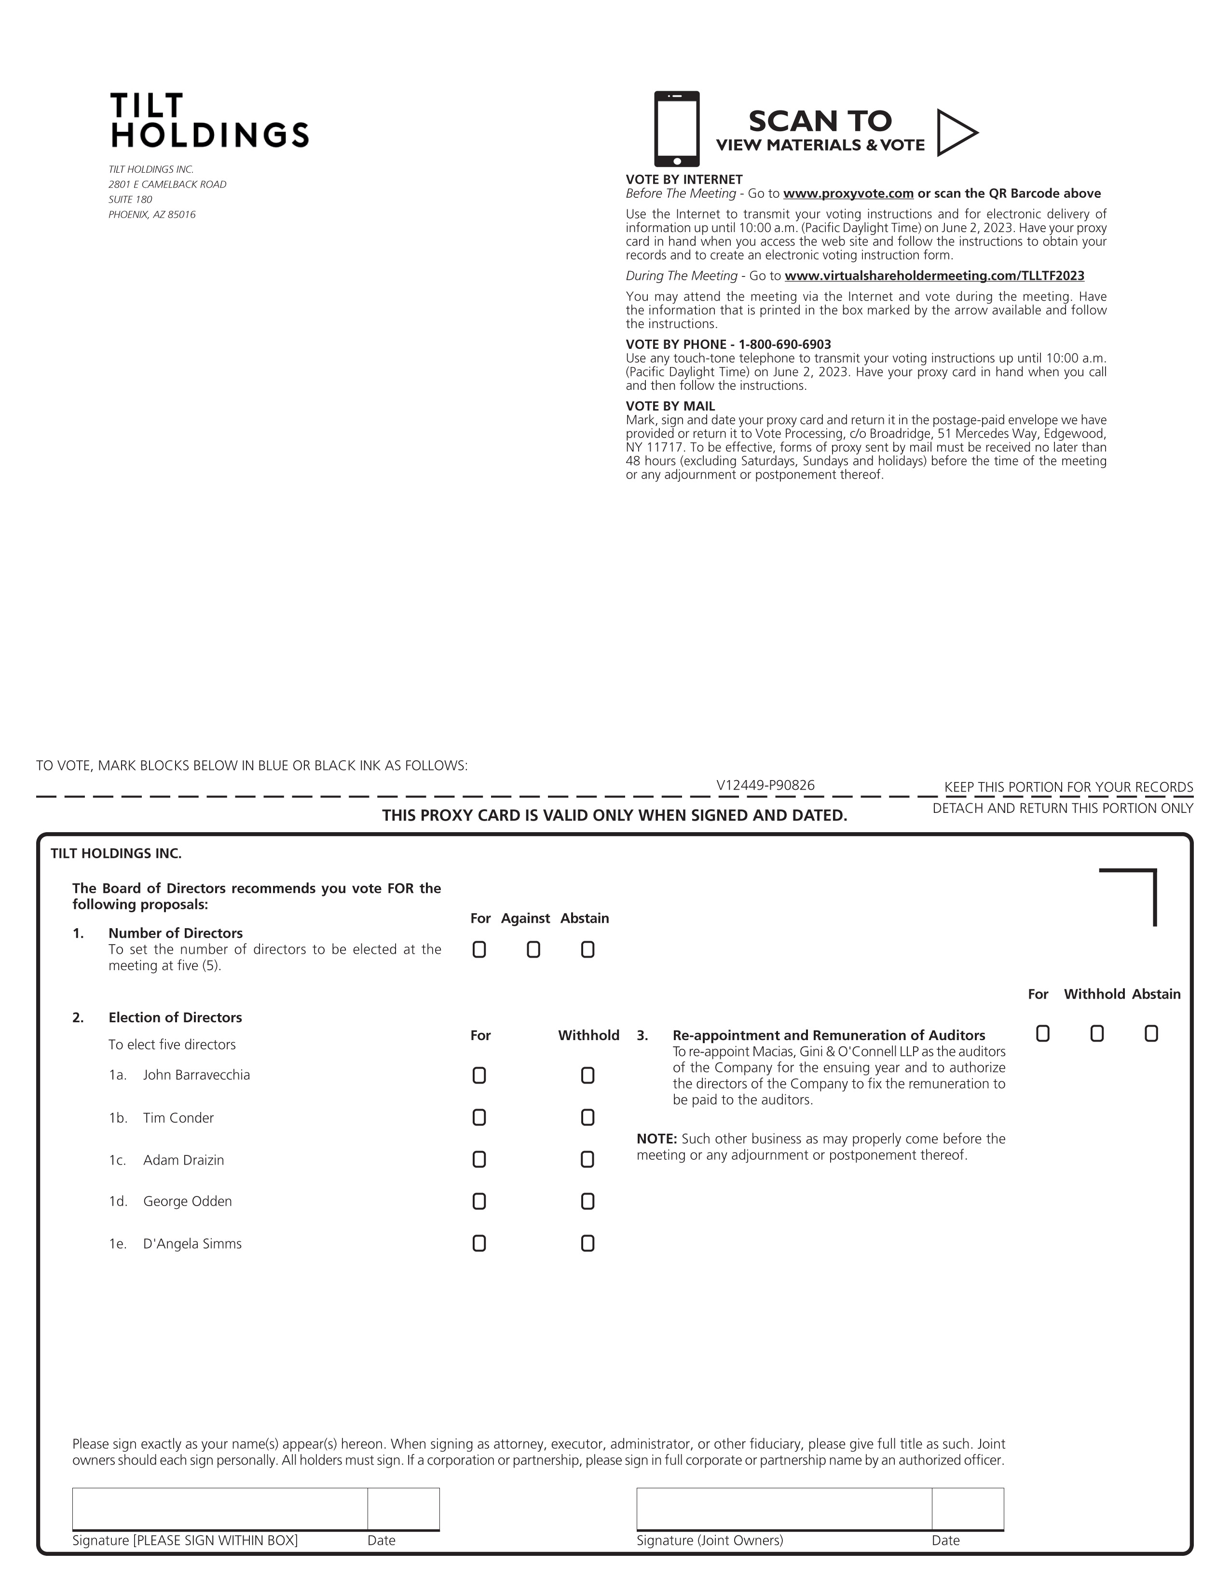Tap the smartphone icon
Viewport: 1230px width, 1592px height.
point(676,129)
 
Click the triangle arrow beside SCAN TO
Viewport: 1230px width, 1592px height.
point(955,133)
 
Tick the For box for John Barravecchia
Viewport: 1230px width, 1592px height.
point(479,1076)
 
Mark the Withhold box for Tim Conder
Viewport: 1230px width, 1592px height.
point(588,1117)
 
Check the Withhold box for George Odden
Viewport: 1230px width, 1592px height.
point(588,1201)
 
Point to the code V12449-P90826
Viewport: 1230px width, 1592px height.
point(765,785)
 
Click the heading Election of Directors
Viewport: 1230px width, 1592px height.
point(175,1017)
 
